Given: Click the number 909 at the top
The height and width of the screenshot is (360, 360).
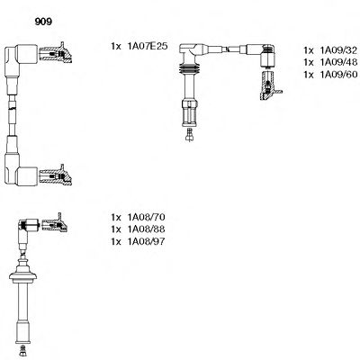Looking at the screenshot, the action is pyautogui.click(x=43, y=22).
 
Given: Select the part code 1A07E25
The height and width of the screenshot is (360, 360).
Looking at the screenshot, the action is pyautogui.click(x=148, y=46).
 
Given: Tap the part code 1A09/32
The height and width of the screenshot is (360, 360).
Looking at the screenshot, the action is pyautogui.click(x=338, y=50).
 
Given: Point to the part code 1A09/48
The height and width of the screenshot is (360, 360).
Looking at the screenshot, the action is pyautogui.click(x=338, y=62).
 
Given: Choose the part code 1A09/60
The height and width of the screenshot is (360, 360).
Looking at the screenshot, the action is pyautogui.click(x=338, y=75).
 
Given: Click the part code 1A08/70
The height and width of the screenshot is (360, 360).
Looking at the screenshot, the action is pyautogui.click(x=146, y=217).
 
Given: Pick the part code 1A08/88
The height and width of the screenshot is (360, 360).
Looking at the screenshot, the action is pyautogui.click(x=146, y=229).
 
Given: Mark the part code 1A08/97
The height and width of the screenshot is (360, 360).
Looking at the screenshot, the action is pyautogui.click(x=146, y=241).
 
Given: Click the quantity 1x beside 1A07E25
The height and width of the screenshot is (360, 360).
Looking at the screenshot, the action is pyautogui.click(x=116, y=46).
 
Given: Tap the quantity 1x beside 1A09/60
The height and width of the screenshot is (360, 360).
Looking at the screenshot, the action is pyautogui.click(x=309, y=75).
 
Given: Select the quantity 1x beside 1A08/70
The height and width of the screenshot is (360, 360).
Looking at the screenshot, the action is pyautogui.click(x=116, y=217).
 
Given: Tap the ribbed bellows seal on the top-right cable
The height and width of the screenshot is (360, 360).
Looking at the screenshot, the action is pyautogui.click(x=189, y=69).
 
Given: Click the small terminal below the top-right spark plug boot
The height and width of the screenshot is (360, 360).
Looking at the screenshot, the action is pyautogui.click(x=189, y=135).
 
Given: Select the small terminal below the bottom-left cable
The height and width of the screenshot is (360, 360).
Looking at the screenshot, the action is pyautogui.click(x=22, y=350).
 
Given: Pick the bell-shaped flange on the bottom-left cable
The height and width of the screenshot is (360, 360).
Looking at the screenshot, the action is pyautogui.click(x=22, y=273).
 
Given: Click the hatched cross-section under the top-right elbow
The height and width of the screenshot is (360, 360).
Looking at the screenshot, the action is pyautogui.click(x=269, y=85).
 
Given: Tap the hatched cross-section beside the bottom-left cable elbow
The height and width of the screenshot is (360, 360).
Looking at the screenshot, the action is pyautogui.click(x=55, y=223).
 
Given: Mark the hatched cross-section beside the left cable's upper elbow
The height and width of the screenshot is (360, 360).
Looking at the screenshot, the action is pyautogui.click(x=56, y=53).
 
